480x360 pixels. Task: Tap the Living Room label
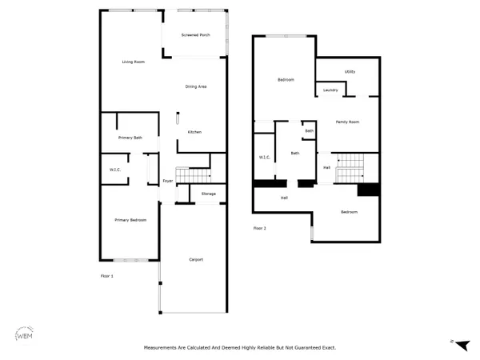[x=133, y=62]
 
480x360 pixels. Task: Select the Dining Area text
[x=197, y=86]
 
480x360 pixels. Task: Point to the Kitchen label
[x=194, y=132]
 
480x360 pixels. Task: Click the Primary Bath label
[x=129, y=138]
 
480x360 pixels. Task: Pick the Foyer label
[x=168, y=181]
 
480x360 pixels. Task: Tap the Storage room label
[x=209, y=194]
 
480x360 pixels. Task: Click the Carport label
[x=196, y=259]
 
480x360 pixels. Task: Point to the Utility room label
[x=350, y=72]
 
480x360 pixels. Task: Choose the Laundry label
[x=330, y=90]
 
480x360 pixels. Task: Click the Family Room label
[x=347, y=122]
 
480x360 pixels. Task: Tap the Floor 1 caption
[x=107, y=276]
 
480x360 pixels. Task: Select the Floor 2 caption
[x=259, y=228]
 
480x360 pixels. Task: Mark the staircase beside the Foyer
[x=192, y=175]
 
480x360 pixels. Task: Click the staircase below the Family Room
[x=349, y=166]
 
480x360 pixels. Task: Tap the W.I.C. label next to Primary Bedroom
[x=115, y=170]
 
